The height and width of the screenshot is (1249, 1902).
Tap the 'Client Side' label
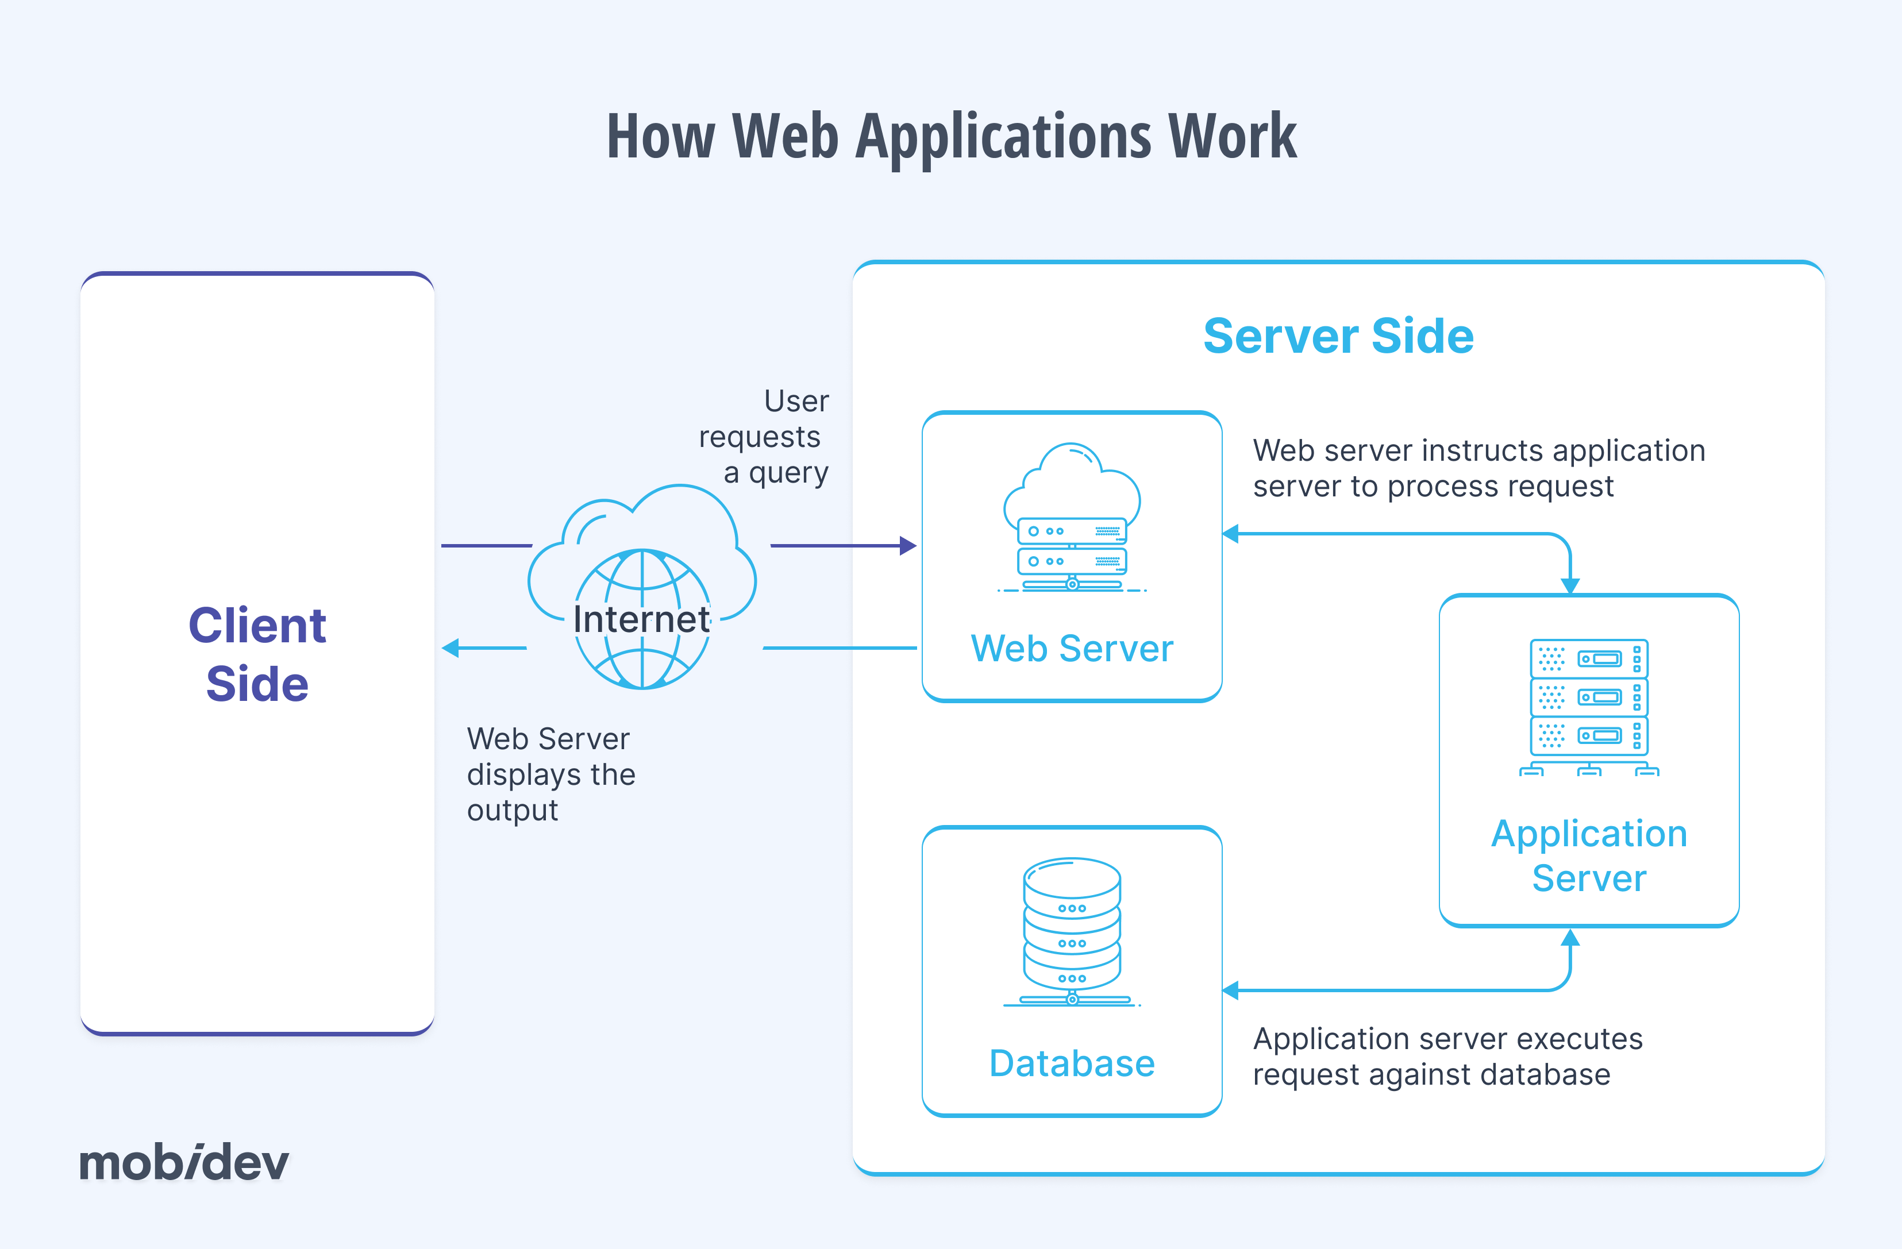[257, 654]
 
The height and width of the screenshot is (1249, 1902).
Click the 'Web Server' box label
[1072, 648]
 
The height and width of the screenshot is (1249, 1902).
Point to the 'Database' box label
[1072, 1063]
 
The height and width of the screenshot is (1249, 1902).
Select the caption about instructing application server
[1479, 468]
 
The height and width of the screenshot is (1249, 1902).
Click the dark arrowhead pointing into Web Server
[908, 546]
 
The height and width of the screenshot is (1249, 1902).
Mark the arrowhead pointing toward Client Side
[451, 648]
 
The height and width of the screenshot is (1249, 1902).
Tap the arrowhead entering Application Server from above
[1570, 586]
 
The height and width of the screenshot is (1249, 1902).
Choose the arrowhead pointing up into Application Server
[1570, 938]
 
